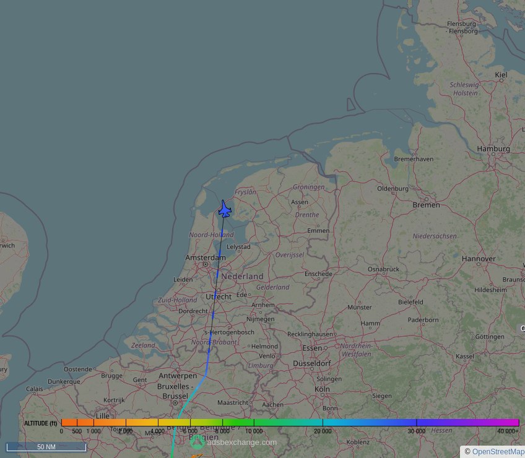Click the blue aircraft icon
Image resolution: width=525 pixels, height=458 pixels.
(x=225, y=210)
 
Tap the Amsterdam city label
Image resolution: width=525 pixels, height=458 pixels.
(x=206, y=257)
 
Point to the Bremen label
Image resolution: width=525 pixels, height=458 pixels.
(x=426, y=205)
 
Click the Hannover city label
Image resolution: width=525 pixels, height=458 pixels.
(x=479, y=259)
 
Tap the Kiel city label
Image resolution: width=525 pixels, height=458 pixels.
(x=501, y=75)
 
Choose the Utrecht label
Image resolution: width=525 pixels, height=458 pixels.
(x=218, y=296)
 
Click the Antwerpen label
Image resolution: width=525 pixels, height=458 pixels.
(x=178, y=376)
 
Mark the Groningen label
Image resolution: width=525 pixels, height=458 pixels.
(x=308, y=187)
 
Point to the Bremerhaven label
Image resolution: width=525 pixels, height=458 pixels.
(x=414, y=159)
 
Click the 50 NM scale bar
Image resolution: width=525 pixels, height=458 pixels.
(x=46, y=446)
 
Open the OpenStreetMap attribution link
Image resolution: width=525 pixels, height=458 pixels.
(x=498, y=452)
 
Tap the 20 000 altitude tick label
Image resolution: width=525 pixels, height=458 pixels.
(x=322, y=431)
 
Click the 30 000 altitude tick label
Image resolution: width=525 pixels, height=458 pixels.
(x=417, y=431)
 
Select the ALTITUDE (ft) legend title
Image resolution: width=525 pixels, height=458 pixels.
(x=41, y=423)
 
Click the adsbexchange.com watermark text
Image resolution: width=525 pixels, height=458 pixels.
(x=242, y=442)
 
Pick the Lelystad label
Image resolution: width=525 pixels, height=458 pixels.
(x=238, y=246)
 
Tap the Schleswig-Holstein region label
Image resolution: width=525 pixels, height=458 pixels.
(x=464, y=89)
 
